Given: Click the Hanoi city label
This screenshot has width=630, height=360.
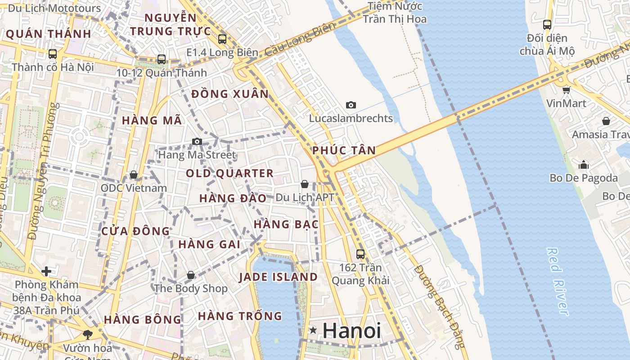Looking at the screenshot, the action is click(351, 331).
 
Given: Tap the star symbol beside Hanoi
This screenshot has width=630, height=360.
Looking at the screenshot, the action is click(313, 331).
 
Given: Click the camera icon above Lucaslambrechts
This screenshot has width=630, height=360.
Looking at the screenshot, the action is click(351, 105).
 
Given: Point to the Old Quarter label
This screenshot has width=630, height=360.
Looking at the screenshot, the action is click(229, 173).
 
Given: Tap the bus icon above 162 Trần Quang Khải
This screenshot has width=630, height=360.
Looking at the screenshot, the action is click(360, 254).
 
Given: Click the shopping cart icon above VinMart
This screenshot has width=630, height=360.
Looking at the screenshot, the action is click(566, 90).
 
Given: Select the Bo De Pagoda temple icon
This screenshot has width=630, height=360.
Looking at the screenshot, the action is click(584, 165).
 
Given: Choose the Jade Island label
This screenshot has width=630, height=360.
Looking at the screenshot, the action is click(278, 277).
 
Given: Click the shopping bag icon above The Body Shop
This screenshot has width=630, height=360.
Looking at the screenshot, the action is click(191, 275).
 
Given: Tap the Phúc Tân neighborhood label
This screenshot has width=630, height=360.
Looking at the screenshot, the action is click(344, 150).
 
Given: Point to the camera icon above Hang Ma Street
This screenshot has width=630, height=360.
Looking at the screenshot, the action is click(197, 142).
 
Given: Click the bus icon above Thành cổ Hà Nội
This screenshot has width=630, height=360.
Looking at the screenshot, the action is click(53, 54).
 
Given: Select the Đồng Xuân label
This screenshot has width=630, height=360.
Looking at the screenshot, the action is click(229, 94).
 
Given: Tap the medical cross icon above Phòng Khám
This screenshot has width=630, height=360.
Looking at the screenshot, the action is click(46, 271).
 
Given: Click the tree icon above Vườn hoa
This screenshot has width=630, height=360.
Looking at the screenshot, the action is click(87, 334).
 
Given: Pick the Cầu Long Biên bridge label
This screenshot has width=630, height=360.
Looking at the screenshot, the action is click(300, 40).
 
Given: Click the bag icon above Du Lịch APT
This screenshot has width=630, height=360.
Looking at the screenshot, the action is click(305, 184).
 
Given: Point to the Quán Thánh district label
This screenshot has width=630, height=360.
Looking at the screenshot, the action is click(48, 34).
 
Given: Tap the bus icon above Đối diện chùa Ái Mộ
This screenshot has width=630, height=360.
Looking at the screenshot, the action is click(547, 25).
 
